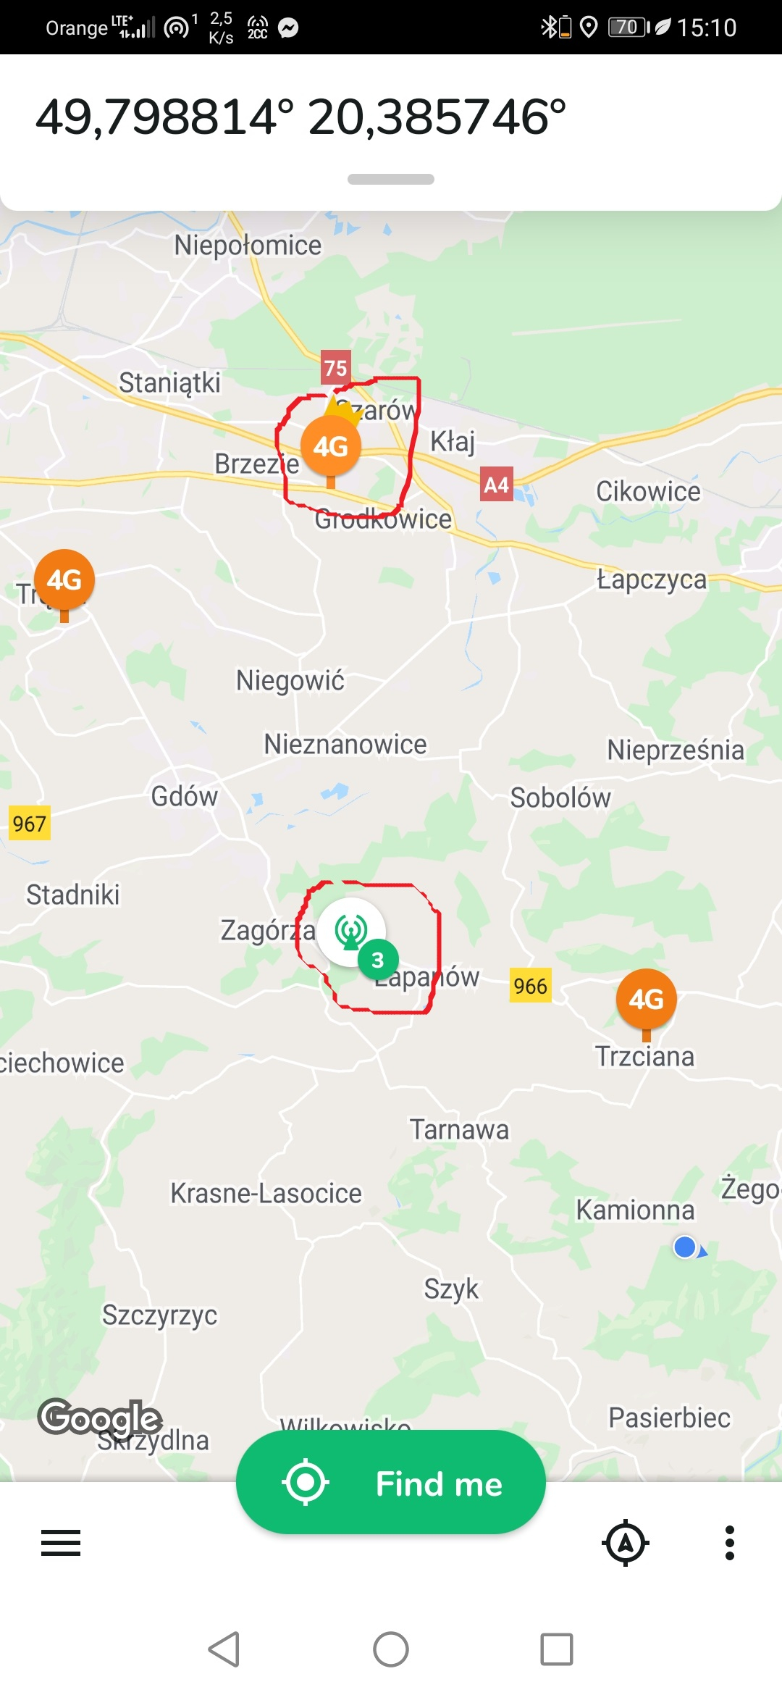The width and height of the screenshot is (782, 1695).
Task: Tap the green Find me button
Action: click(391, 1483)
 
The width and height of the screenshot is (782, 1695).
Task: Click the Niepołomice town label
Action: click(248, 246)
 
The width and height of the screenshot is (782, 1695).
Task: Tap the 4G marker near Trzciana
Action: click(646, 1000)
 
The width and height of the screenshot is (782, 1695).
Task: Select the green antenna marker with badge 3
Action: click(352, 931)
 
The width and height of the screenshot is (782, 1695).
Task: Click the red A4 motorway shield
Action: click(496, 485)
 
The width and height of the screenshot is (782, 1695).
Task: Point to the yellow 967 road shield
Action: click(30, 824)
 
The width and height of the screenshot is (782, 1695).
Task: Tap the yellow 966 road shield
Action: click(530, 986)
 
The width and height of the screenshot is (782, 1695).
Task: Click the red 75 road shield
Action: click(335, 368)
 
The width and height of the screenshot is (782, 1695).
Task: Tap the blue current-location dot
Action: click(685, 1247)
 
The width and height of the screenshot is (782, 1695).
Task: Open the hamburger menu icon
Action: click(61, 1543)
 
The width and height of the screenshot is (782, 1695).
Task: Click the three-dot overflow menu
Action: click(730, 1543)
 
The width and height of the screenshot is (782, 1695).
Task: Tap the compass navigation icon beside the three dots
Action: click(626, 1543)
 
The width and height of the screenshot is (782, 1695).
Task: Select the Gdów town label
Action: click(184, 796)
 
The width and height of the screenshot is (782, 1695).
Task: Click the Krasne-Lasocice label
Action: click(266, 1193)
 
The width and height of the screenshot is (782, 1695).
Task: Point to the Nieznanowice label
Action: click(345, 744)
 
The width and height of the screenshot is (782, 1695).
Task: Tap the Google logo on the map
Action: click(100, 1418)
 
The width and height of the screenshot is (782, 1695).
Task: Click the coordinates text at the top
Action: click(300, 117)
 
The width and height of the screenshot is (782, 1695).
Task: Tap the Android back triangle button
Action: click(224, 1649)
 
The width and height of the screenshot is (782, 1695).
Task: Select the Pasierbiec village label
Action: click(669, 1418)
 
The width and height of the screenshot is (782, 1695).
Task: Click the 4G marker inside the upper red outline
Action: click(331, 447)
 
